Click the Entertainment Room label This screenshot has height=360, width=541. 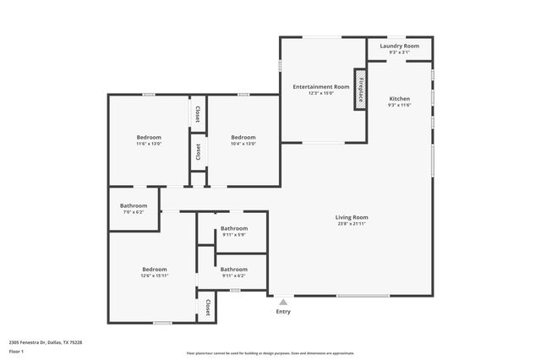coord(321,87)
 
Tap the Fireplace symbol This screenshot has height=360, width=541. coord(360,89)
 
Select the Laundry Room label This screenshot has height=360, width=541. coord(399,46)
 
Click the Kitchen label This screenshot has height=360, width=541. coord(399,99)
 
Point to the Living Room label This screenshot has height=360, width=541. coord(352,217)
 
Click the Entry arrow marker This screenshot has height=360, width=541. coord(283,302)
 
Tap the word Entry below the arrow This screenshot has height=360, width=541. coord(283,312)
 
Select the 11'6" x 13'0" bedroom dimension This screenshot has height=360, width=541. coord(149,144)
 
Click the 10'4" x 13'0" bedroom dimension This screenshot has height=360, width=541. coord(243,144)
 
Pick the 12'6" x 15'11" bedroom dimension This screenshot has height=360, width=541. coord(154,275)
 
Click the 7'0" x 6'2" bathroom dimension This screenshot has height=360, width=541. coord(134,212)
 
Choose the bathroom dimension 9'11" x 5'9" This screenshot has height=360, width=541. coord(234,234)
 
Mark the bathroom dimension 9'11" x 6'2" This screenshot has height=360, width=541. coord(234,275)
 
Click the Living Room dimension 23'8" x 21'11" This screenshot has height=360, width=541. coord(352,224)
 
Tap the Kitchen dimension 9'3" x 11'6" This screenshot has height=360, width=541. coord(399,106)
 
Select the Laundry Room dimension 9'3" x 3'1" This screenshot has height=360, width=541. coord(399,52)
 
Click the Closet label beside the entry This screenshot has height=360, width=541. coord(207,306)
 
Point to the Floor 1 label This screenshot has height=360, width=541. coord(16,350)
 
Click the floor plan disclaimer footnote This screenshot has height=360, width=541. coord(270,353)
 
